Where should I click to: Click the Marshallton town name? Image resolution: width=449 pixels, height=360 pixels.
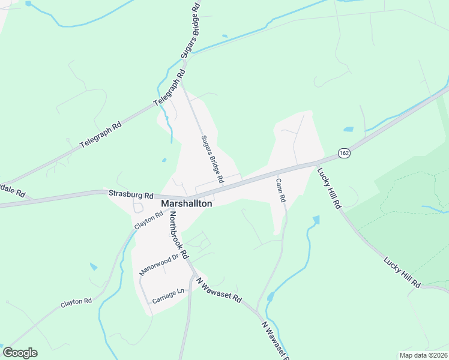(187, 204)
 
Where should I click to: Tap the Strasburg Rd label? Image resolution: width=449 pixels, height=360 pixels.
(131, 194)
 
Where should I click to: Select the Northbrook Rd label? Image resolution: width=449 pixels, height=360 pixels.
(179, 234)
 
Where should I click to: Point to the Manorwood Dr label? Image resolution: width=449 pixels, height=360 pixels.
(159, 265)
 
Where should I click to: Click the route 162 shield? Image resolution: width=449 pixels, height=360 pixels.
(343, 153)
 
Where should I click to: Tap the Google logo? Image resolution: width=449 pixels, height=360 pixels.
(20, 353)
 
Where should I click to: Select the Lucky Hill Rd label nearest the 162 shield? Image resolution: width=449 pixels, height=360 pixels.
(329, 187)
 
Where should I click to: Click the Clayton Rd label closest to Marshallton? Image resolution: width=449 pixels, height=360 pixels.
(149, 221)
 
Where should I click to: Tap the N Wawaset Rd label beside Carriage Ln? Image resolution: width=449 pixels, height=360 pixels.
(218, 289)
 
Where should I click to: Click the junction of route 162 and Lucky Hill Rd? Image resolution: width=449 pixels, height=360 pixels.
(318, 163)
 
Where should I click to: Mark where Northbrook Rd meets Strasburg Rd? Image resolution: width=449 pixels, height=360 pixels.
(170, 199)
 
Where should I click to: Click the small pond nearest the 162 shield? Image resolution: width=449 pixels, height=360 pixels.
(348, 129)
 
